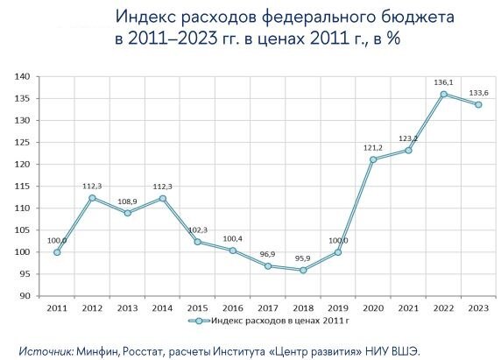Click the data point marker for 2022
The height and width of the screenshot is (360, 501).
pos(444,94)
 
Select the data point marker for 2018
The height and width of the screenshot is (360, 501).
pos(303,270)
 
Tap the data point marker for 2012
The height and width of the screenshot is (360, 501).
pos(92,198)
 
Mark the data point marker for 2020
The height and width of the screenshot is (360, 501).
pos(373,159)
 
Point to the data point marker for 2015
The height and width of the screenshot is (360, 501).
pos(198,242)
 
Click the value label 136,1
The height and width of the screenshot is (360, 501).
pos(444,81)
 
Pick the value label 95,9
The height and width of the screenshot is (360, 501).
pos(302,258)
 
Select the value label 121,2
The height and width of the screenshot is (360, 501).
pos(374,147)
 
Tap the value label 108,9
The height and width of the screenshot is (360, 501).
pos(128,201)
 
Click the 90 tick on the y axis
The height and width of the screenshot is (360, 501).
pos(25,296)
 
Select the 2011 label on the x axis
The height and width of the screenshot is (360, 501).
pos(56,308)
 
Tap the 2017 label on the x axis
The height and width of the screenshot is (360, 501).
pos(268,308)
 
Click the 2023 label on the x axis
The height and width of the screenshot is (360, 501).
pos(479,308)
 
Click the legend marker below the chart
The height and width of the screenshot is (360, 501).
pos(198,321)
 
